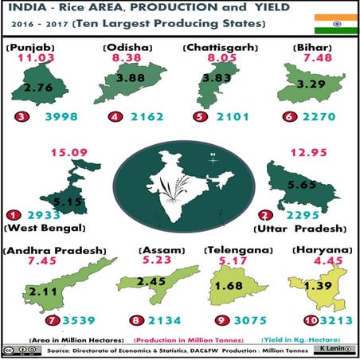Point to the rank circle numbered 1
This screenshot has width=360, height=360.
[x=12, y=215]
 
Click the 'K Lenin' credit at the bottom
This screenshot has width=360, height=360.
[x=339, y=351]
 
